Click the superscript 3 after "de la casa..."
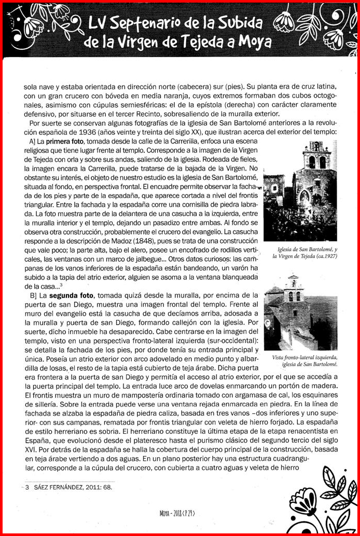[x=61, y=284]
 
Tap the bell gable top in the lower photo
[x=294, y=283]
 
